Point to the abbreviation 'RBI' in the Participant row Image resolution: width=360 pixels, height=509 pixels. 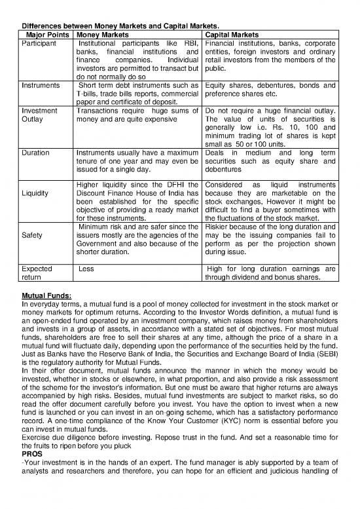tap(192, 43)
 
